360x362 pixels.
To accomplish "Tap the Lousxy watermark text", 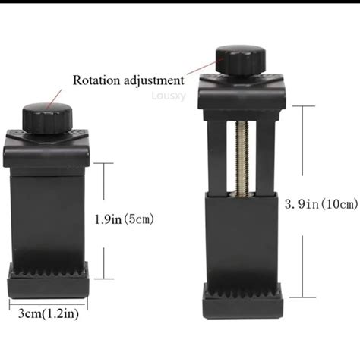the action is click(169, 96).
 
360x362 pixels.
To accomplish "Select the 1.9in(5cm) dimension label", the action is click(124, 219).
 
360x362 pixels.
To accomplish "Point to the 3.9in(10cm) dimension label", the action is click(321, 204).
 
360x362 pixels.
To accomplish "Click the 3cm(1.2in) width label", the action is click(49, 314).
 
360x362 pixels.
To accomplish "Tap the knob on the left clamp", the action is click(48, 118).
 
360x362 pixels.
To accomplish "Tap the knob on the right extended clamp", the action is click(241, 60).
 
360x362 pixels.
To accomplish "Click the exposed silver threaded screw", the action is click(242, 159).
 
